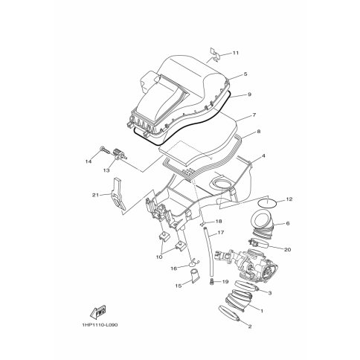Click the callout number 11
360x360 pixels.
click(235, 53)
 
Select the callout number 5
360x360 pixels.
click(245, 74)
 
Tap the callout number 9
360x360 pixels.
click(249, 94)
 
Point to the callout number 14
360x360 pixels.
click(89, 161)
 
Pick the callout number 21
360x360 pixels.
click(95, 195)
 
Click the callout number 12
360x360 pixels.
click(289, 199)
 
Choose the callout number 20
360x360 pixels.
click(287, 250)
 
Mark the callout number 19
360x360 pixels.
click(225, 282)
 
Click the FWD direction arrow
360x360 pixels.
click(98, 312)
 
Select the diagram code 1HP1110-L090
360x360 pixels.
click(100, 325)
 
